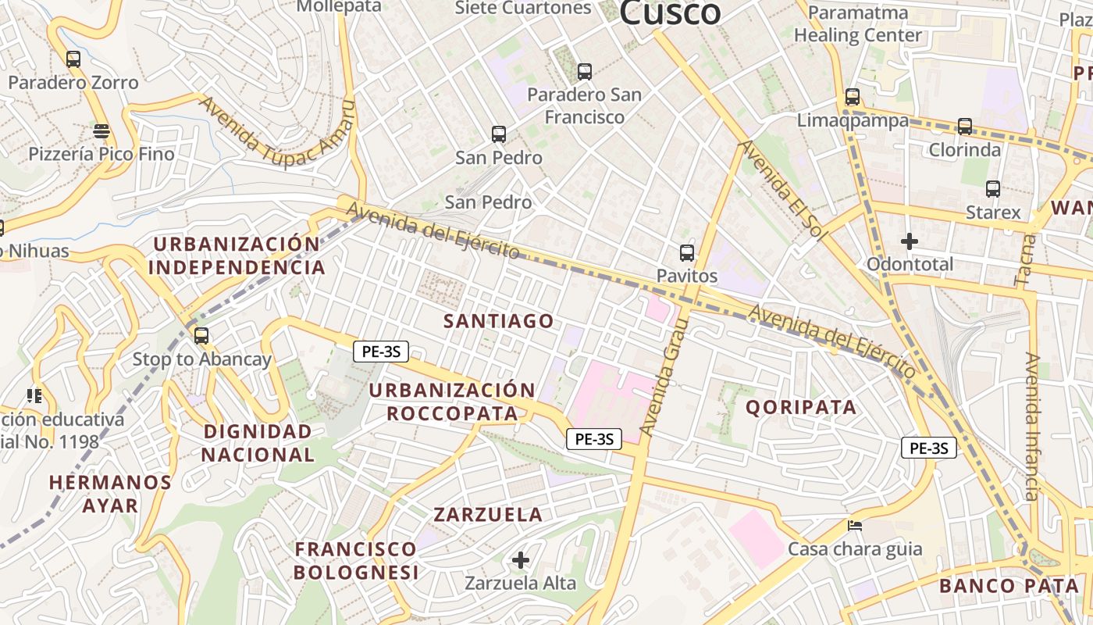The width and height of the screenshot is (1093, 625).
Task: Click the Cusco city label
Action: [x=670, y=12]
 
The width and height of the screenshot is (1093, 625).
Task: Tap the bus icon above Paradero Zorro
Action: [x=73, y=59]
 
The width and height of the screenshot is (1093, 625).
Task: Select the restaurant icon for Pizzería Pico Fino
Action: [x=101, y=130]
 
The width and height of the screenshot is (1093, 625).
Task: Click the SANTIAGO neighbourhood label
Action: [x=499, y=321]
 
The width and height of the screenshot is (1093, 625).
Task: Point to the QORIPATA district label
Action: [x=801, y=407]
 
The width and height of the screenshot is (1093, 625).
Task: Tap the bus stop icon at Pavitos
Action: [x=687, y=253]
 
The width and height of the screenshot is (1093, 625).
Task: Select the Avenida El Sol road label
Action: [x=782, y=190]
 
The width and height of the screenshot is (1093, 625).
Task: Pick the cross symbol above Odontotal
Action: [x=910, y=241]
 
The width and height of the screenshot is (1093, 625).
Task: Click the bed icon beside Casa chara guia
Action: [x=855, y=525]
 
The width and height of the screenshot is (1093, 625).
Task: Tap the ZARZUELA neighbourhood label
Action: [x=488, y=515]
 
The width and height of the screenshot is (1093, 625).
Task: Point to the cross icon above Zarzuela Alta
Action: [x=521, y=560]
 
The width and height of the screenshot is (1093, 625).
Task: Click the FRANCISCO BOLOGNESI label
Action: [x=356, y=561]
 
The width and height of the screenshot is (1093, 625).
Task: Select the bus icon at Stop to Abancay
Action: [x=201, y=336]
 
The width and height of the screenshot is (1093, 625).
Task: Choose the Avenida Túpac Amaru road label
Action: [x=277, y=137]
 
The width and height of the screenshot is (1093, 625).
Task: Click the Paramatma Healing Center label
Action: [x=858, y=24]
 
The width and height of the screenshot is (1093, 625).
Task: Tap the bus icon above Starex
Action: [x=993, y=189]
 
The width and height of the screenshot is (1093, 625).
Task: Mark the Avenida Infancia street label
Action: [x=1032, y=427]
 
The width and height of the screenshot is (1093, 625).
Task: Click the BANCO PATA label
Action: [x=1009, y=586]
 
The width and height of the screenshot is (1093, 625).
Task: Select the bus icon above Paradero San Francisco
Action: [x=585, y=72]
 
